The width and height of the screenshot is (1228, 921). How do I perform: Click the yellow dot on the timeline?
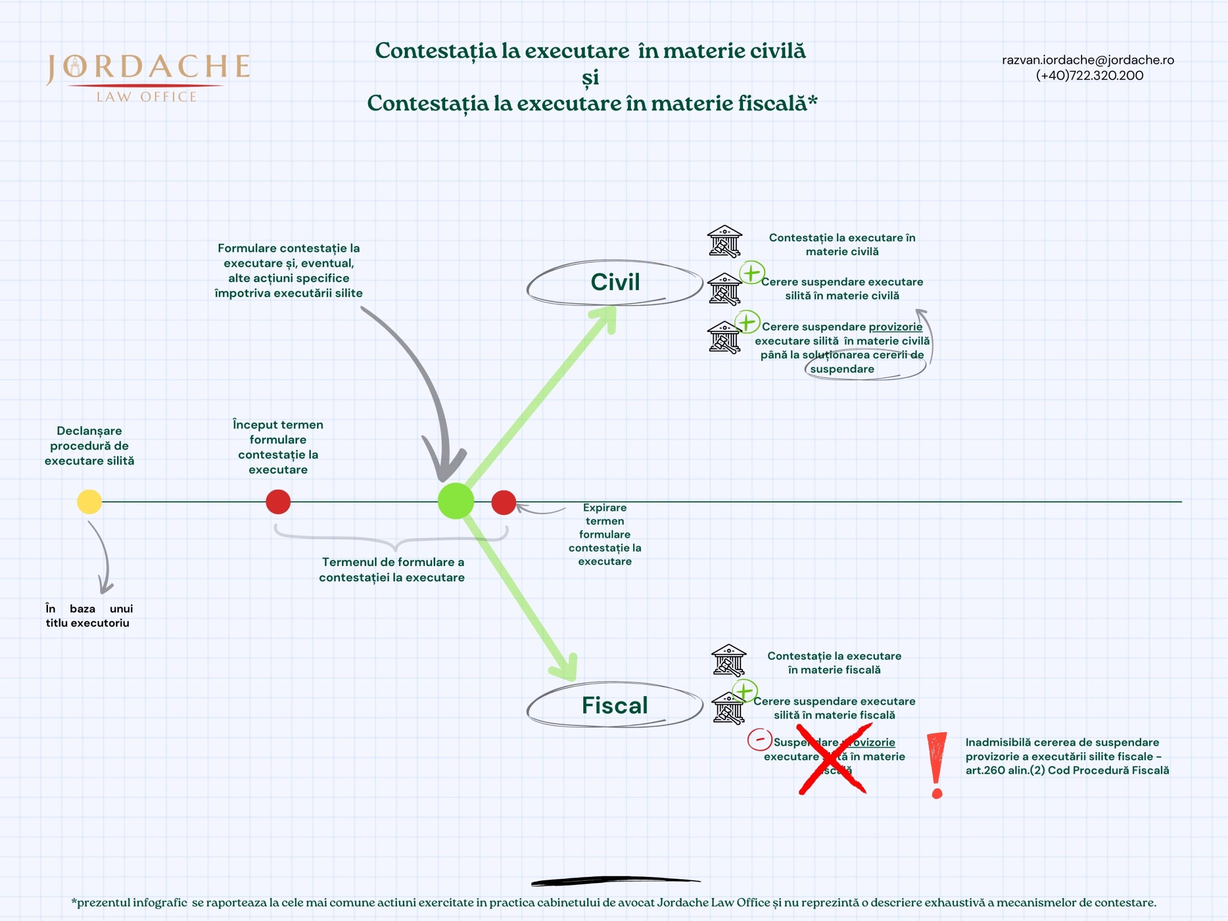89,502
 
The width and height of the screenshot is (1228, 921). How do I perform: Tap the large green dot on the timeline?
456,501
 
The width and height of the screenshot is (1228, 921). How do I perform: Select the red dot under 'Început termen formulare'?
278,502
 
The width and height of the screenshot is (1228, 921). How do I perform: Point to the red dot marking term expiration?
504,502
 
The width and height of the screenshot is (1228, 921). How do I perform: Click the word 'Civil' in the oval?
615,282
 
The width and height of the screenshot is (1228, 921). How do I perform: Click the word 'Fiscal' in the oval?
614,705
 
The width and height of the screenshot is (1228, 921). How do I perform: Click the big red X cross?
833,759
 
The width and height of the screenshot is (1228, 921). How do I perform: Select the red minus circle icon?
759,740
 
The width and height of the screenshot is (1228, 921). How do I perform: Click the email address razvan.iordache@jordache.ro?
1087,60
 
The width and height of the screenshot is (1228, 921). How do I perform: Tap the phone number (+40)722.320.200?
1089,75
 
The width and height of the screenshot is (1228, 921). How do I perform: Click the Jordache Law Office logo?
148,77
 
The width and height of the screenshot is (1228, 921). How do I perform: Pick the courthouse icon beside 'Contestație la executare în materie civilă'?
724,241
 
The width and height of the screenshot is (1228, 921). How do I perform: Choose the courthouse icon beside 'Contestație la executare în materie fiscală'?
728,660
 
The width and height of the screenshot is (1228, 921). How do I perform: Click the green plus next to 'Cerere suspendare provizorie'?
747,322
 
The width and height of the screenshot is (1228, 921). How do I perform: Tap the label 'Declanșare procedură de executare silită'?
89,445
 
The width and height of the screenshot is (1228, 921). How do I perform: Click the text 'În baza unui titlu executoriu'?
89,615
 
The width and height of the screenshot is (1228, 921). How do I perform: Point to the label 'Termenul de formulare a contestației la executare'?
391,569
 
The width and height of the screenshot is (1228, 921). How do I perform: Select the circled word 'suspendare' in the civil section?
842,369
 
